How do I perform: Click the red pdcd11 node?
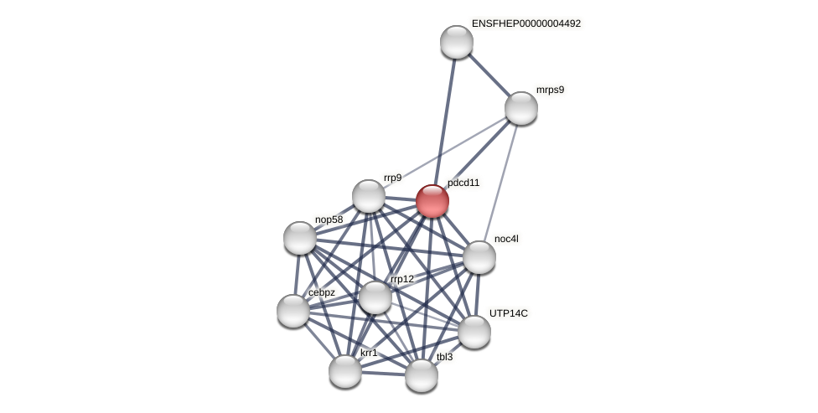point(432,201)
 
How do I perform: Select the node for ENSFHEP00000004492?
point(457,42)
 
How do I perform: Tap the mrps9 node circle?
point(521,108)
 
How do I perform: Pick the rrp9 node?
point(369,196)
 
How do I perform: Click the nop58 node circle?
point(300,238)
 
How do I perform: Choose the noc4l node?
point(479,257)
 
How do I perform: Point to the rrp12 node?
point(375,297)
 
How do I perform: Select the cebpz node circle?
point(293,311)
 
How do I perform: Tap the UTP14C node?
point(474,332)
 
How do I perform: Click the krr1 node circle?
point(345,371)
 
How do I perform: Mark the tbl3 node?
point(422,375)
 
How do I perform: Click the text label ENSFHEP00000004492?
point(525,23)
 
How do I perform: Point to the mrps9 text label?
point(550,90)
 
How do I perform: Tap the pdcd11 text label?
point(463,183)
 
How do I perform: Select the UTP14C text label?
point(509,313)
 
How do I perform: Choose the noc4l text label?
point(506,239)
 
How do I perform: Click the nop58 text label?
point(329,219)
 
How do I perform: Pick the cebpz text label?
point(321,292)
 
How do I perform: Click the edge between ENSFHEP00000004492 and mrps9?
point(489,75)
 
